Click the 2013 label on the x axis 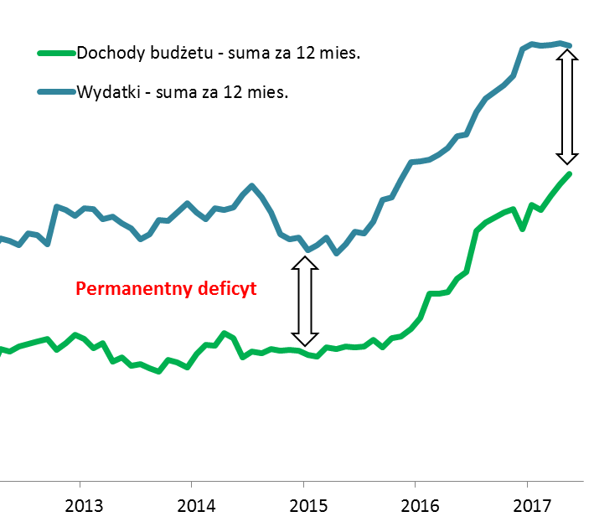tap(85, 507)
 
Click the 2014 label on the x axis tap(197, 507)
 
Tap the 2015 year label tap(308, 507)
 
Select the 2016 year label tap(421, 507)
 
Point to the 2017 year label tap(532, 507)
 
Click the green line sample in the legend tap(55, 54)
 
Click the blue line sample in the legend tap(55, 92)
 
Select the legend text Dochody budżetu tap(140, 54)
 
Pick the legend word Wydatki tap(105, 92)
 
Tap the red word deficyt tap(227, 289)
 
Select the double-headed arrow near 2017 tap(568, 106)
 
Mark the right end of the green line tap(570, 173)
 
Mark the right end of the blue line tap(570, 45)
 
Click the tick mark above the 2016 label tap(415, 484)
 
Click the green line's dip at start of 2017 tap(523, 228)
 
